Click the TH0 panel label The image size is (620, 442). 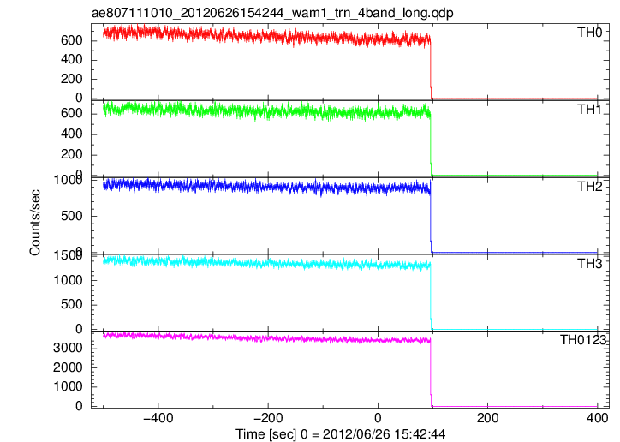589,32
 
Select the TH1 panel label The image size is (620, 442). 589,110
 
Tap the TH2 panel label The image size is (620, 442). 589,187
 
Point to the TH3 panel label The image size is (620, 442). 589,264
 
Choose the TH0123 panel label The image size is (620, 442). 583,340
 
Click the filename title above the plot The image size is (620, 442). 272,13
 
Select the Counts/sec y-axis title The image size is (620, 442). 35,223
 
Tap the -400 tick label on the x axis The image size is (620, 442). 158,418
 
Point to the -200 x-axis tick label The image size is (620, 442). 268,418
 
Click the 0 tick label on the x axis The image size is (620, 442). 378,418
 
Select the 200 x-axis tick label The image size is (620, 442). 487,418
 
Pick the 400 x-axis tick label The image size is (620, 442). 597,418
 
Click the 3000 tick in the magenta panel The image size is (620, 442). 68,349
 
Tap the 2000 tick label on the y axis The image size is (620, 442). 68,367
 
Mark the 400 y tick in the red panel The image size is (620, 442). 71,60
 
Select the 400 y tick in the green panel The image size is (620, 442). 71,134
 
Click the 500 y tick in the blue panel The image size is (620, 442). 71,216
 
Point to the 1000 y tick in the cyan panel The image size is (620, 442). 68,280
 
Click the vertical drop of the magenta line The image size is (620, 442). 431,373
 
